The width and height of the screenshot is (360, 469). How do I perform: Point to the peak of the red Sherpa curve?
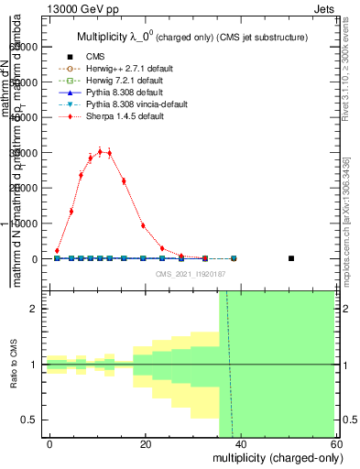(x=100, y=151)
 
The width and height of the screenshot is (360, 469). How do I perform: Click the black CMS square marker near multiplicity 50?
(x=291, y=258)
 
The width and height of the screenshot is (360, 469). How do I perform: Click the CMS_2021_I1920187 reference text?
(x=191, y=272)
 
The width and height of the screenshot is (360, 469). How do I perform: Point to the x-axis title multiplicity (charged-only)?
(x=272, y=457)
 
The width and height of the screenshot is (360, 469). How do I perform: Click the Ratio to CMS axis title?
(x=14, y=365)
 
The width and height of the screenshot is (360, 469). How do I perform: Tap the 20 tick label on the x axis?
(x=146, y=443)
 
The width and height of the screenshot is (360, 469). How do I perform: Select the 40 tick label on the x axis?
(x=241, y=443)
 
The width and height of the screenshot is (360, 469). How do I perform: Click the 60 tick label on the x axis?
(x=335, y=443)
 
